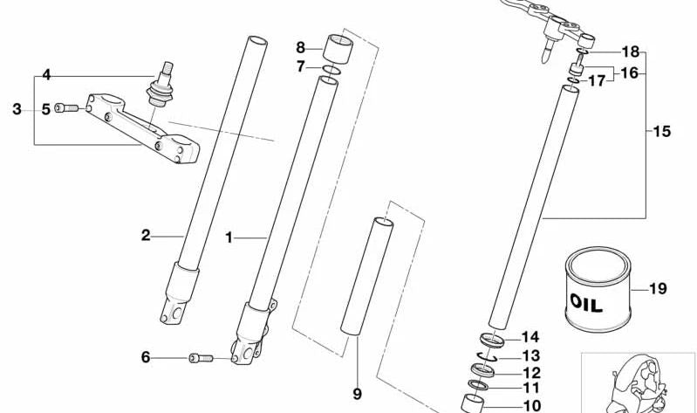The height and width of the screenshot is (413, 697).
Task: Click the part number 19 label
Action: coord(658,289)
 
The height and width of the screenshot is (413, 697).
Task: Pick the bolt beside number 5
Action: coord(65,108)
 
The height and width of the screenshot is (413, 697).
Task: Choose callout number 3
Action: coord(17,109)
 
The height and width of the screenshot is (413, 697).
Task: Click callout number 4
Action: coord(46,75)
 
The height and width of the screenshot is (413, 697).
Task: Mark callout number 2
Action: coord(146,234)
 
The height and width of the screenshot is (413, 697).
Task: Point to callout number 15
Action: coord(661,132)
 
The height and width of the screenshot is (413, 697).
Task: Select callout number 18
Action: coord(630,52)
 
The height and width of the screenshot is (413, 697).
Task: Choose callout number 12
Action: coord(530,373)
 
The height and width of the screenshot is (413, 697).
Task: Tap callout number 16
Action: coord(629,73)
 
